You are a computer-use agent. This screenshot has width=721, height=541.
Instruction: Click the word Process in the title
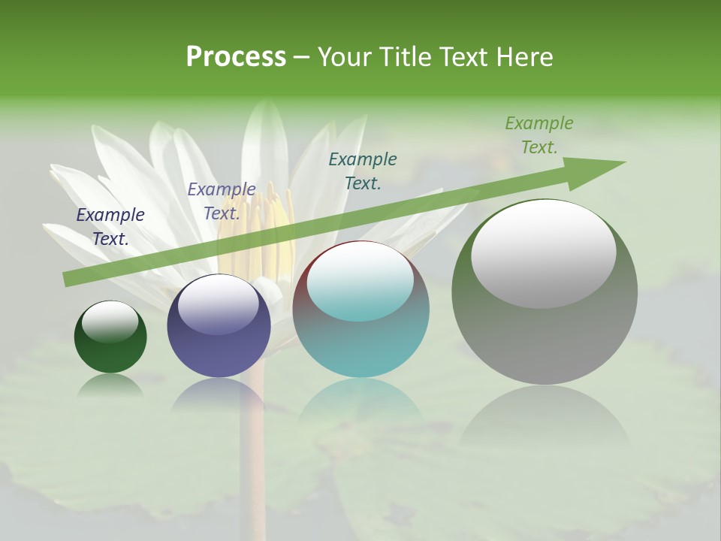[236, 57]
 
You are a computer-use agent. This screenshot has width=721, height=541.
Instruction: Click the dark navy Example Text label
[110, 227]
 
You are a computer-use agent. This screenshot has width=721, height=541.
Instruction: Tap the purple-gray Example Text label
[222, 201]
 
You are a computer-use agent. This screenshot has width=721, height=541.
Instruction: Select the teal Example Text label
[363, 171]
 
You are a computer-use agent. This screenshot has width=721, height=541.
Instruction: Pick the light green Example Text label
[539, 135]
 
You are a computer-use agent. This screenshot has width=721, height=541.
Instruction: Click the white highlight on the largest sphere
[544, 254]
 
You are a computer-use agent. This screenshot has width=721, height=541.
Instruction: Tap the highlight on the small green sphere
[110, 321]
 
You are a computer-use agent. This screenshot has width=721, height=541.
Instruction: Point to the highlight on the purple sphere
[219, 304]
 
